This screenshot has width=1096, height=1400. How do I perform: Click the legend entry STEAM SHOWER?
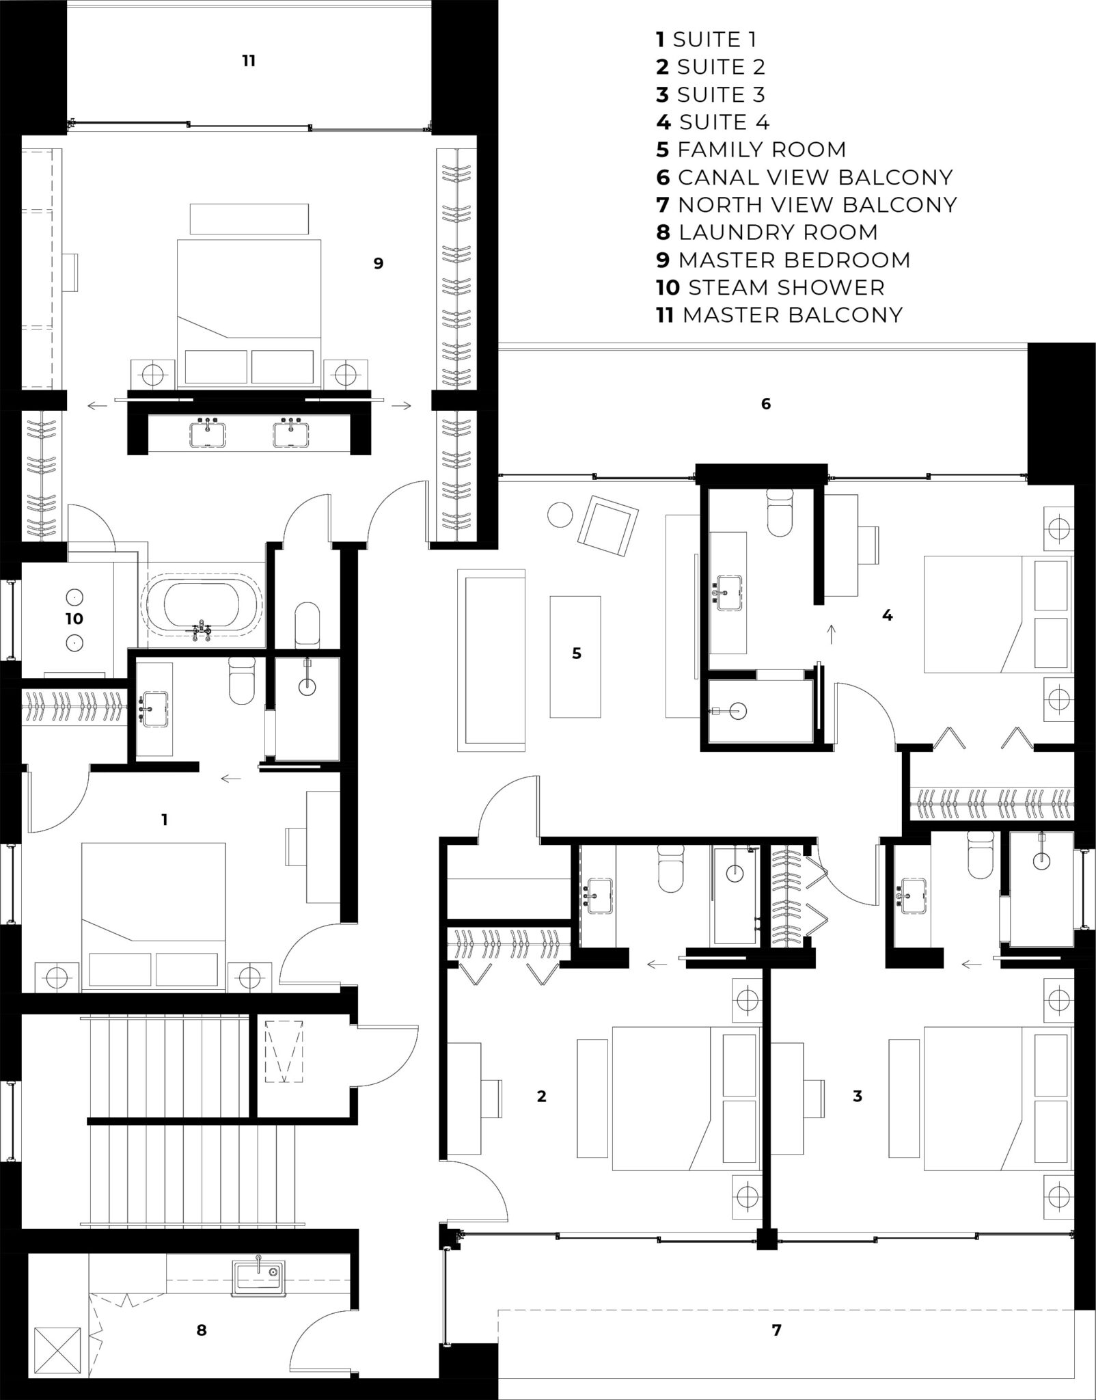tap(786, 288)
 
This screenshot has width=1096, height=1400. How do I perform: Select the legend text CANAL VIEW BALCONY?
tap(815, 178)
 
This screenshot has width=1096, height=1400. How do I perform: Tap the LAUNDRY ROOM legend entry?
tap(778, 232)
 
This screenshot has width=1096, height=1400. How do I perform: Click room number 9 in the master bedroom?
tap(379, 263)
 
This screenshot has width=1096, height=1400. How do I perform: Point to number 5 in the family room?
tap(577, 654)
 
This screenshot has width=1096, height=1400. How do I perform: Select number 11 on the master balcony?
tap(249, 61)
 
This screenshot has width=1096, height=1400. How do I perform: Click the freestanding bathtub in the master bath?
tap(202, 609)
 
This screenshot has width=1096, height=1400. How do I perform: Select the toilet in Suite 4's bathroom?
tap(781, 513)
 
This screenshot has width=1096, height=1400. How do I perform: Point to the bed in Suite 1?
tap(153, 917)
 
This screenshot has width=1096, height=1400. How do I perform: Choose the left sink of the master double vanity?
tap(206, 434)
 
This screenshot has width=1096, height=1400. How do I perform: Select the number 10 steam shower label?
tap(74, 619)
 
